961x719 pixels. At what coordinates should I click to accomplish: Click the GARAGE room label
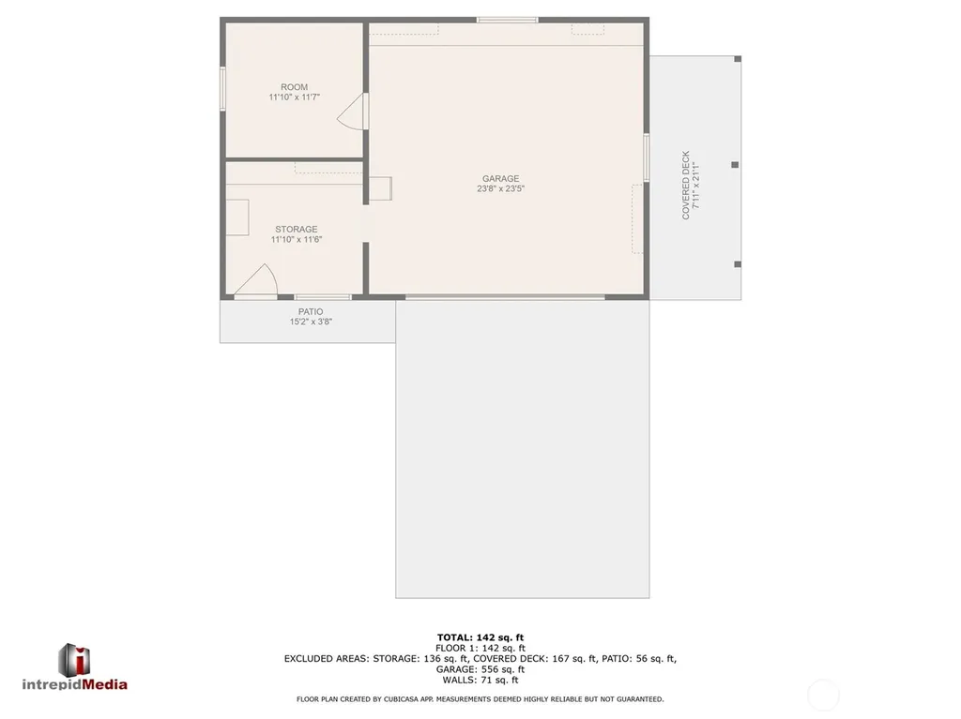click(500, 179)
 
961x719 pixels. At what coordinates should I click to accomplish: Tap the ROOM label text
click(294, 87)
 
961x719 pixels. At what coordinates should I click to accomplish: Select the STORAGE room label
click(296, 229)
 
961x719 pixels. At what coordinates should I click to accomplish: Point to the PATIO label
click(311, 312)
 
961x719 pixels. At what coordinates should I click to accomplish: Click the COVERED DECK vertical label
click(686, 185)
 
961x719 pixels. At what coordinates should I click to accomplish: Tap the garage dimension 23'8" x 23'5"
click(501, 188)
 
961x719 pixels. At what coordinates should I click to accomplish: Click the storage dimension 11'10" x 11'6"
click(297, 239)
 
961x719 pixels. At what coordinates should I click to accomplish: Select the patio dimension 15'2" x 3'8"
click(311, 322)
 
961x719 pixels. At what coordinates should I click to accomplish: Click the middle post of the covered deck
click(735, 165)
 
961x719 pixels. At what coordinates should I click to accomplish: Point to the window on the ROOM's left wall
click(223, 89)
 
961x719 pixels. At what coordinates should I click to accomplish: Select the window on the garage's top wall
click(508, 21)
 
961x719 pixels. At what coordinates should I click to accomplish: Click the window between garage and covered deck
click(647, 157)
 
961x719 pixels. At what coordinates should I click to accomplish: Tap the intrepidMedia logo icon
click(74, 660)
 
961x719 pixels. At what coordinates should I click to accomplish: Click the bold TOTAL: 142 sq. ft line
click(480, 637)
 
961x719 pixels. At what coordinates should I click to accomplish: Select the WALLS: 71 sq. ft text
click(480, 680)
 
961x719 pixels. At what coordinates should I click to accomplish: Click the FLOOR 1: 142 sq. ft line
click(480, 648)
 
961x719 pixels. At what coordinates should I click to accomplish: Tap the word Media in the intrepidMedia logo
click(105, 684)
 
